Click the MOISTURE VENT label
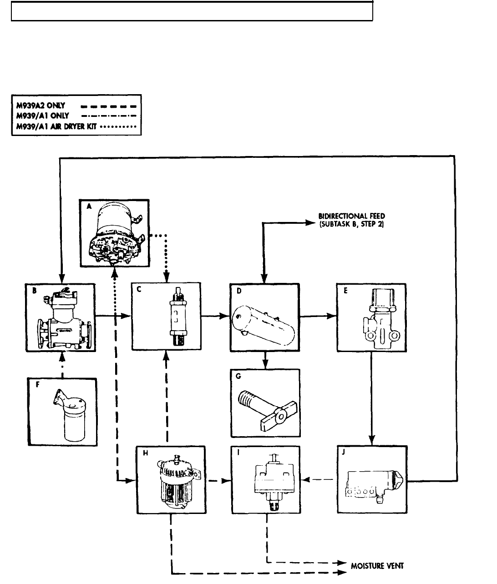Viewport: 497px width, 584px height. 377,566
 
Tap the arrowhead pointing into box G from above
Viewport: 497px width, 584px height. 265,364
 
